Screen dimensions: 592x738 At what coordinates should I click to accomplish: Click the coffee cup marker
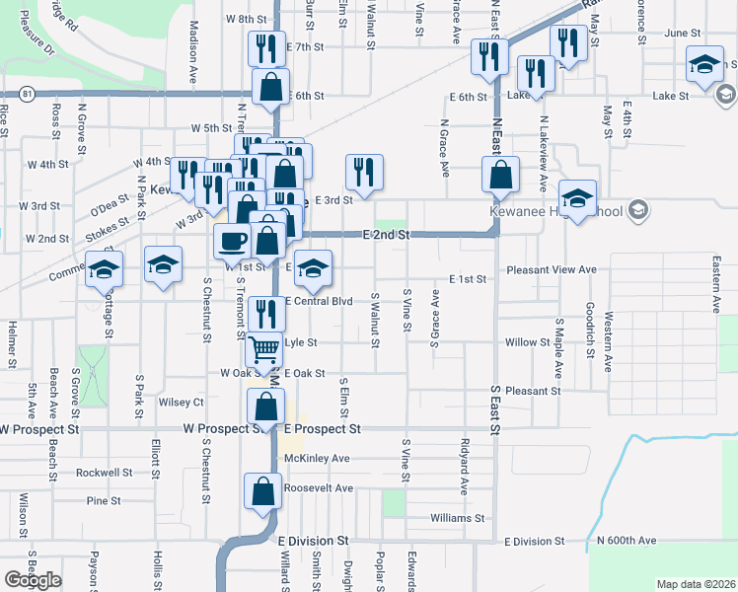coord(233,241)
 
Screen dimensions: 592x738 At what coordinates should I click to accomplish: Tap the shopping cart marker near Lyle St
coord(262,348)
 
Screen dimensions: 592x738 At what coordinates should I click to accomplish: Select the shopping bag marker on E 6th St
coord(270,87)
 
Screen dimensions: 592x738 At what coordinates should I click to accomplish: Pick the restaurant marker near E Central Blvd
coord(262,313)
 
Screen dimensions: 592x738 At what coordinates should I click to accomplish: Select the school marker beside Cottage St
coord(104,268)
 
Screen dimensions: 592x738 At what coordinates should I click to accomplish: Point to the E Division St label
coord(314,542)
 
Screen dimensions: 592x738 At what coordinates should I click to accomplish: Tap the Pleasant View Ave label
coord(552,269)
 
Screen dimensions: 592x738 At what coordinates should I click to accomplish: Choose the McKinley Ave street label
coord(317,459)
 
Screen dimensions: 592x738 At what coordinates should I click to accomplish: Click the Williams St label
coord(457,518)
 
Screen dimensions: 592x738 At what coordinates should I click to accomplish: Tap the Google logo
coord(33,581)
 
